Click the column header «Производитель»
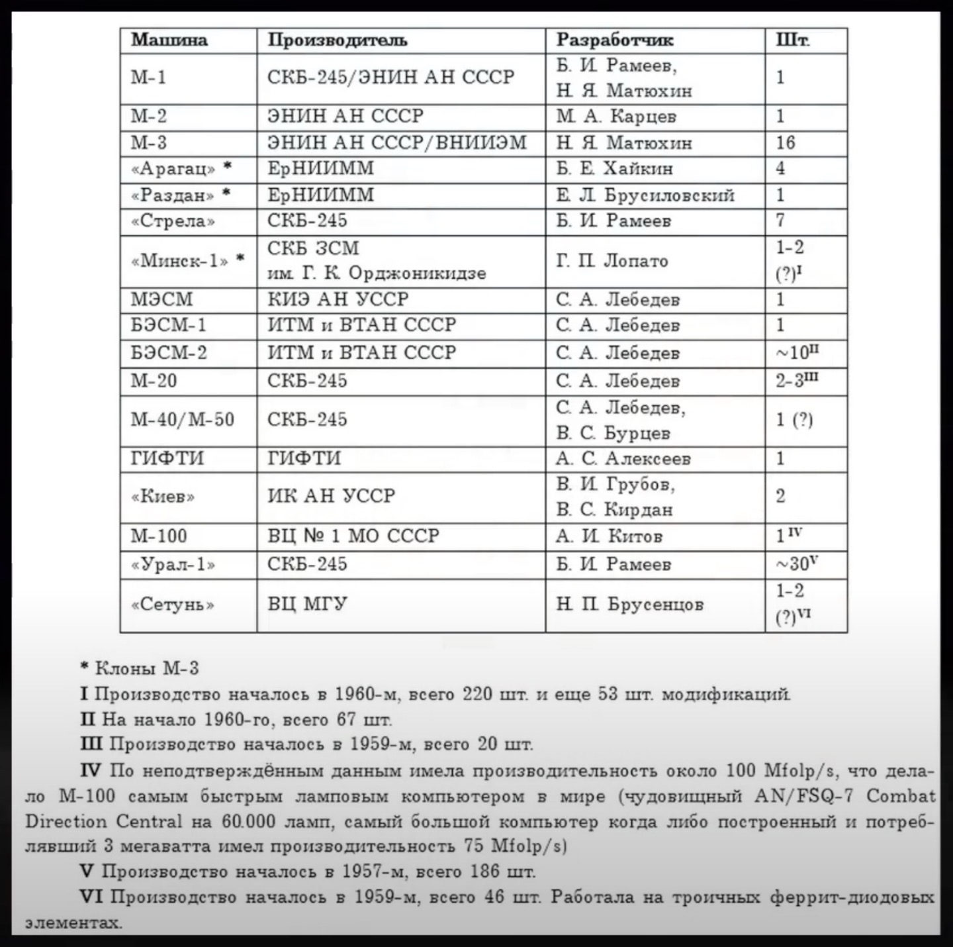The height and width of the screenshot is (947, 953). click(338, 40)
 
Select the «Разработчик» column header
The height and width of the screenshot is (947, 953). click(615, 40)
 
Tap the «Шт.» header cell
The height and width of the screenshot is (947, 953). click(793, 40)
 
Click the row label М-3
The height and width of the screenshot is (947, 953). click(149, 143)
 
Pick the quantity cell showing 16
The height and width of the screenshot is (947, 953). click(786, 143)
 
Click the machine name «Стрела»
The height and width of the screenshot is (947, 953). click(173, 221)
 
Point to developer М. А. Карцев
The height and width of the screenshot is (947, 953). click(616, 117)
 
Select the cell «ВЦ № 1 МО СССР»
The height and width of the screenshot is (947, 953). click(353, 536)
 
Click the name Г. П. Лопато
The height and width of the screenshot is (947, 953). click(612, 261)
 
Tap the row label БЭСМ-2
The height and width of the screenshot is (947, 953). click(169, 353)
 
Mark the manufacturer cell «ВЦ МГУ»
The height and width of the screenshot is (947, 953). click(307, 604)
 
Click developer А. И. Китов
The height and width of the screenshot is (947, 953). click(609, 536)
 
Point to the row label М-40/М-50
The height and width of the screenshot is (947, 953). click(183, 420)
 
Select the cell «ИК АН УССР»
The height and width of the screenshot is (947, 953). click(331, 496)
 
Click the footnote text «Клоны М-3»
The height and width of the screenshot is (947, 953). click(147, 668)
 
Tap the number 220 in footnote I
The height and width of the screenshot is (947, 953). click(477, 694)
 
